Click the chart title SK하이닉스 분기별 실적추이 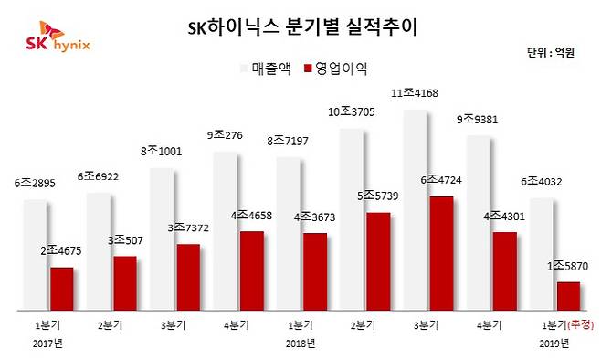300,26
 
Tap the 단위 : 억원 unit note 552,52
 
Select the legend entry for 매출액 269,69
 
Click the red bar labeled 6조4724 440,252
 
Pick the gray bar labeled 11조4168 415,210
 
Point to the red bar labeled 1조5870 567,295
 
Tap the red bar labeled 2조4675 61,288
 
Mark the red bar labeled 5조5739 377,260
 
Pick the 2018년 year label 300,344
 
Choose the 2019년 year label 554,344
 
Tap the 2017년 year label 47,344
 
